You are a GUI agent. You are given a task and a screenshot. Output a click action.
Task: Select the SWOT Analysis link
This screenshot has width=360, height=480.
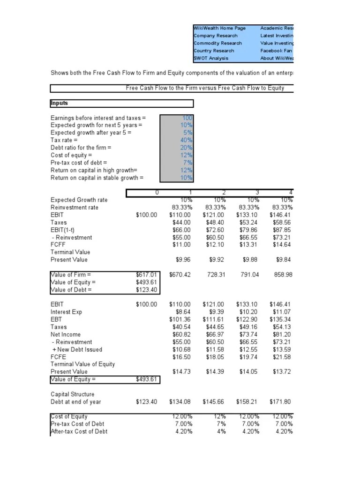[211, 58]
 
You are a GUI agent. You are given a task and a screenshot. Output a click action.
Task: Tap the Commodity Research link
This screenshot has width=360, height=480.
[217, 43]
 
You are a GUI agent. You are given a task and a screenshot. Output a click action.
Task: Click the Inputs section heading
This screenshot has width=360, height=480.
[60, 103]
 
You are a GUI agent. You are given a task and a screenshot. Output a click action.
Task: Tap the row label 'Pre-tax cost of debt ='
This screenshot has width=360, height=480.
[79, 163]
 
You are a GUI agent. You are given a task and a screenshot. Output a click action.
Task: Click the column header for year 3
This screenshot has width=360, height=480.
[256, 192]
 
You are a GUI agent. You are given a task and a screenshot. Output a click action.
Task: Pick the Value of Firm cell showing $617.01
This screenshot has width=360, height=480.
[148, 275]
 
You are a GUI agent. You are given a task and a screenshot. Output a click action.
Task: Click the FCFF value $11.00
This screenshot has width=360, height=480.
[182, 245]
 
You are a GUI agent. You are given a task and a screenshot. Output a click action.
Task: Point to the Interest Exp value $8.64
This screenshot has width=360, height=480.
[183, 312]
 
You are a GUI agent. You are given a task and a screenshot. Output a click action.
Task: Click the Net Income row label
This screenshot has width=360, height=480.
[66, 335]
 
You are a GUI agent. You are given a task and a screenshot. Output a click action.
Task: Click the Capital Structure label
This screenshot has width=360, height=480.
[72, 394]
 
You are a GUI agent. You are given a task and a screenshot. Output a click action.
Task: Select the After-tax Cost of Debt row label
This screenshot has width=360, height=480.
[79, 432]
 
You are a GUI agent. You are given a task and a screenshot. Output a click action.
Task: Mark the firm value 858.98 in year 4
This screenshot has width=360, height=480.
[283, 275]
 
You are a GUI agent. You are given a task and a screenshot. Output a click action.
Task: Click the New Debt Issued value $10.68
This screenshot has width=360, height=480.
[182, 350]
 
